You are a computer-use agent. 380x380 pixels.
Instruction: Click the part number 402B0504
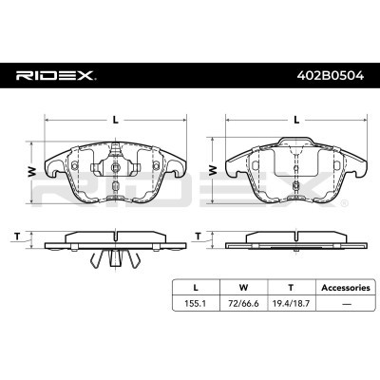click(330, 76)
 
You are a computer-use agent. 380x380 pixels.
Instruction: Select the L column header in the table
click(196, 288)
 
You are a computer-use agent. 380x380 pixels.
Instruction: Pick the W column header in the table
click(243, 288)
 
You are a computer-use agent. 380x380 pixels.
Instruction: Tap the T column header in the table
click(291, 288)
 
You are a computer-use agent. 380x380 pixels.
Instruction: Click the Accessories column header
click(346, 288)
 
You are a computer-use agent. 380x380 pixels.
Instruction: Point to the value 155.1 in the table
click(196, 303)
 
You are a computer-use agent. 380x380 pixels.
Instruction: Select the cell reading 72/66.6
click(243, 303)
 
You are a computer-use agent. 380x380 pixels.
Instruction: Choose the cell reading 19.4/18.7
click(291, 303)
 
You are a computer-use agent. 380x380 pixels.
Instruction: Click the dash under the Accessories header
click(347, 304)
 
